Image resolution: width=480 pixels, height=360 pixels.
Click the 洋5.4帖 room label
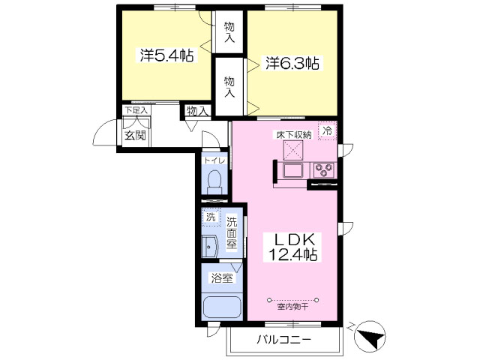click(x=166, y=55)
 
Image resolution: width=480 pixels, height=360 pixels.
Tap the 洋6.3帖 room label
click(x=292, y=64)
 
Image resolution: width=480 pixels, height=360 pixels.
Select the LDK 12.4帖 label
click(x=292, y=247)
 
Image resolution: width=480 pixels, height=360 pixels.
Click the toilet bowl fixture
click(x=214, y=181)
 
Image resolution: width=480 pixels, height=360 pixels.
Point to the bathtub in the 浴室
click(x=222, y=308)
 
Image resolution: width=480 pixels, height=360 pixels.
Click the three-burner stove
click(x=324, y=170)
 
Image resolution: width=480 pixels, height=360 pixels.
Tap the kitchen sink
click(x=293, y=170)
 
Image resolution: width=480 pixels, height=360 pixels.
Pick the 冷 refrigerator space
click(x=327, y=130)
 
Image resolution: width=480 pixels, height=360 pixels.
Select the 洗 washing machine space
click(x=211, y=217)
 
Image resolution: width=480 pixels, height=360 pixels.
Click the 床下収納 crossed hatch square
click(x=293, y=150)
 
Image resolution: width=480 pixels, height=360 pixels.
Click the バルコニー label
click(x=283, y=340)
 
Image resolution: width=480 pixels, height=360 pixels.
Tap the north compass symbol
click(x=370, y=334)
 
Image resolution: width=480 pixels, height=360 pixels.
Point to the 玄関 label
click(x=135, y=135)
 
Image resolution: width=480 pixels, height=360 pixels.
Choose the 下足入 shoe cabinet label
click(x=136, y=110)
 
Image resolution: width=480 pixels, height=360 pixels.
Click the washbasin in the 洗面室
click(x=209, y=247)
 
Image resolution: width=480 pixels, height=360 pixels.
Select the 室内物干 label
click(x=292, y=307)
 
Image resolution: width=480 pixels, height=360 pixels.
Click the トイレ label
click(x=215, y=160)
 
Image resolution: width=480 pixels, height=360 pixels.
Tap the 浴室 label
click(x=222, y=278)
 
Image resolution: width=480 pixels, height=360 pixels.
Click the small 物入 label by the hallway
click(x=198, y=111)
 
